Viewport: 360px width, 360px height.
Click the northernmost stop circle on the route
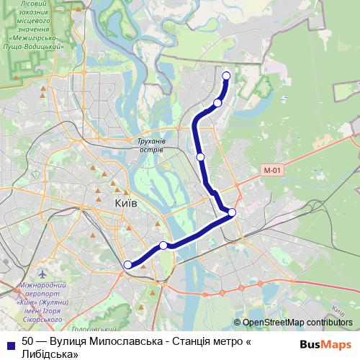[x=226, y=76]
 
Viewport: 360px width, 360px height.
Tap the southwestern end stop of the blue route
[x=127, y=265]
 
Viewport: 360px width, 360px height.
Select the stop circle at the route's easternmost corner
[x=232, y=212]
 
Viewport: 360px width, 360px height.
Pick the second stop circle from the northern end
[x=217, y=103]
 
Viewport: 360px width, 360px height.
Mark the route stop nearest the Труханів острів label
[x=201, y=156]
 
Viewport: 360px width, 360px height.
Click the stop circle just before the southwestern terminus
[x=163, y=246]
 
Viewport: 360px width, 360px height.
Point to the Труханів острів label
[x=150, y=145]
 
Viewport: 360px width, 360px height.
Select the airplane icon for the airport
[x=43, y=275]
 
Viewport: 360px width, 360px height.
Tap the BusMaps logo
[x=325, y=344]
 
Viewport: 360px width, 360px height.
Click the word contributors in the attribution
[x=330, y=322]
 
